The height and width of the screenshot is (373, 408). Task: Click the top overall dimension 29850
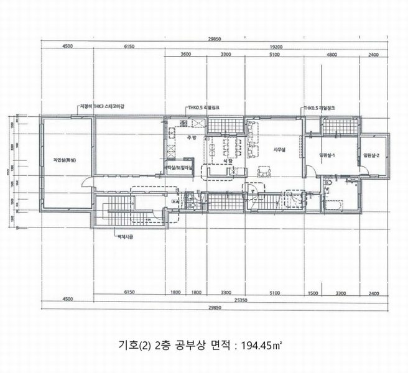click(216, 39)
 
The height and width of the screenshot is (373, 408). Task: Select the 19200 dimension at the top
click(276, 47)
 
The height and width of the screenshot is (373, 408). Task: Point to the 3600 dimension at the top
click(185, 55)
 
